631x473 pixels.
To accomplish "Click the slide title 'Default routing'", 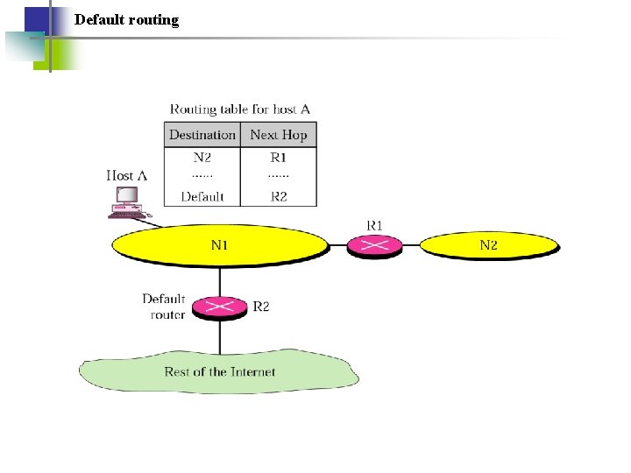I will click(x=126, y=19).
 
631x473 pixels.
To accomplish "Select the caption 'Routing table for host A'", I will click(x=240, y=109).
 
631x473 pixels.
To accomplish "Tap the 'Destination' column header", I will click(x=202, y=135).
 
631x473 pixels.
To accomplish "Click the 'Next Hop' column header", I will click(x=278, y=135).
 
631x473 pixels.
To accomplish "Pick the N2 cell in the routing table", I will click(x=202, y=158).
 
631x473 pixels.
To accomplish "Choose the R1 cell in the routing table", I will click(x=278, y=158).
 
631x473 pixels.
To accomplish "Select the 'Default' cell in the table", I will click(x=202, y=196).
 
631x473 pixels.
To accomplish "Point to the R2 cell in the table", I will click(x=278, y=196).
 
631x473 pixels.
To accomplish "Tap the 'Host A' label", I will click(x=126, y=176).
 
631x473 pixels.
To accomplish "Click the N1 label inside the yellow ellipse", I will click(x=219, y=244).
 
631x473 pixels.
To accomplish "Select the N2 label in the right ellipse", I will click(x=488, y=244).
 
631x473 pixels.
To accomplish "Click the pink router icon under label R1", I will click(x=375, y=246).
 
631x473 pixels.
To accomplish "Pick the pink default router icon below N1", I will click(x=219, y=307).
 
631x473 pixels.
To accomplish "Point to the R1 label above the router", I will click(x=374, y=225).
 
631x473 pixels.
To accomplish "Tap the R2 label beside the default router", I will click(x=261, y=307).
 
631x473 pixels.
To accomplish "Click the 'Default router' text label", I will click(x=165, y=307).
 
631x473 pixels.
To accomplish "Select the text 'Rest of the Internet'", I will click(x=219, y=371).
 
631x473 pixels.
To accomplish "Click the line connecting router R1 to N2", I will click(x=413, y=246).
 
